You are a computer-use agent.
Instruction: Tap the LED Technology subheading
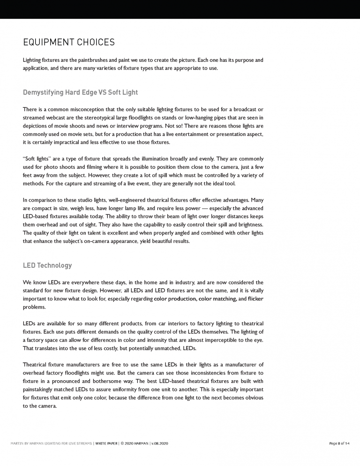pos(47,265)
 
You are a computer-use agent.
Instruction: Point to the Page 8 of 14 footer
pos(340,443)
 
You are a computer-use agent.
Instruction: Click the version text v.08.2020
pos(168,443)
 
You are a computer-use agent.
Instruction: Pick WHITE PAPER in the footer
pos(107,443)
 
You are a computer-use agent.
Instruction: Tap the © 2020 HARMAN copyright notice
pos(136,443)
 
